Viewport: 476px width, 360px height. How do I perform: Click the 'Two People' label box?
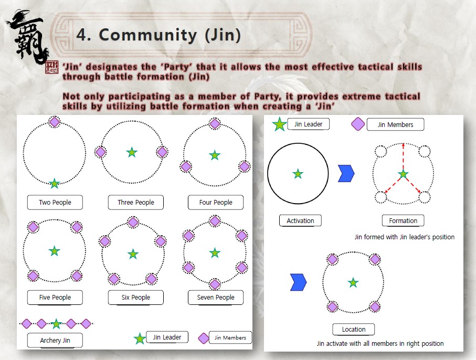tap(55, 202)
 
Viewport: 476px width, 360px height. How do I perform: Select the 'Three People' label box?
tap(136, 202)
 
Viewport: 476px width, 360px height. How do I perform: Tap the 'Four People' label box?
tap(216, 202)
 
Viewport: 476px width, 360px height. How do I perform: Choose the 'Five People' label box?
tap(55, 298)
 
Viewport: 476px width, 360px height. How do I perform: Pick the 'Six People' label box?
tap(136, 298)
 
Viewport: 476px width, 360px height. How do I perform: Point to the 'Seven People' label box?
tap(216, 298)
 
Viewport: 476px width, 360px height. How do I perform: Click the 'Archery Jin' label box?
tap(55, 340)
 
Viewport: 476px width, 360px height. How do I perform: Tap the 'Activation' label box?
tap(300, 221)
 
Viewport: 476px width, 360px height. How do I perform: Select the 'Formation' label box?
tap(403, 221)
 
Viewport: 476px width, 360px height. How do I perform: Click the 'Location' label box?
tap(354, 330)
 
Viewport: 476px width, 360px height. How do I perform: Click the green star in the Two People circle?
tap(55, 183)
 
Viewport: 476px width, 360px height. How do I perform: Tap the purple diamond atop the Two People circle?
tap(55, 122)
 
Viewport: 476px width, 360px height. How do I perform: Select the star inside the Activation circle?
tap(298, 174)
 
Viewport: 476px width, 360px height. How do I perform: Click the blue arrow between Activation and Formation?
tap(346, 174)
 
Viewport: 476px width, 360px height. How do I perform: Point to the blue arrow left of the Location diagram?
tap(299, 282)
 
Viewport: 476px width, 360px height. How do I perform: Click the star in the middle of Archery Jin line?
tap(56, 324)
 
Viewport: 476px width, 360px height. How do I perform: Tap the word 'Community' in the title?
tap(148, 35)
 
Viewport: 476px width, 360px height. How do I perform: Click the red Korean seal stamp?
tap(51, 67)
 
